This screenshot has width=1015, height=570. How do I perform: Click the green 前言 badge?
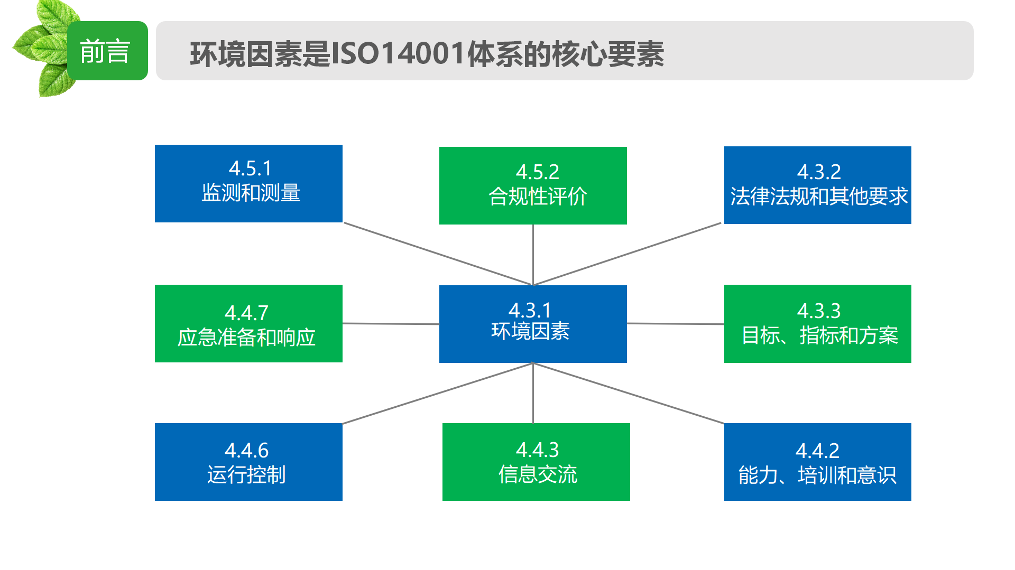pos(107,51)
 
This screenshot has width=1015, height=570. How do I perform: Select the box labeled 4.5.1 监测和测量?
pos(248,183)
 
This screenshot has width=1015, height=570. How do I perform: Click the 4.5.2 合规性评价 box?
pos(533,185)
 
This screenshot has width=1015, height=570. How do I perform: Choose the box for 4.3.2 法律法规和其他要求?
pos(818,185)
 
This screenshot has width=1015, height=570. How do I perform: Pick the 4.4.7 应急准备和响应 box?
pos(248,323)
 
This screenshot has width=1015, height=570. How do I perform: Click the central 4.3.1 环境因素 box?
pos(533,324)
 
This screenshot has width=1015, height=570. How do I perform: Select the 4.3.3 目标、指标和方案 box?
pos(818,324)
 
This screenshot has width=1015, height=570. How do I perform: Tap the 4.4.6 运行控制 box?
pos(248,462)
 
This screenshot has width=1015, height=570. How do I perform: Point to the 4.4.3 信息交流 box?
pos(536,462)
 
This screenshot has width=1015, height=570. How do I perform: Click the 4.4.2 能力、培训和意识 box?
pos(818,462)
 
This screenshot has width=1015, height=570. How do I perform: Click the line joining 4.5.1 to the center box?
pos(437,254)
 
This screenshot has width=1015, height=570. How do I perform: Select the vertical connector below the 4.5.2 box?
pos(533,255)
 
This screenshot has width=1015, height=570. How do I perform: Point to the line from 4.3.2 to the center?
pos(628,254)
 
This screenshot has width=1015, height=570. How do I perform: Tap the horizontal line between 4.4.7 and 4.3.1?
pos(391,323)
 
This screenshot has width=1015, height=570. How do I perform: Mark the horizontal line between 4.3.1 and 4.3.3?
pos(676,323)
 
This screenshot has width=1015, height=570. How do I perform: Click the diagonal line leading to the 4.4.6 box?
pos(438,393)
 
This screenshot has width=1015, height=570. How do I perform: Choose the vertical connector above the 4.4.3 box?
pos(533,393)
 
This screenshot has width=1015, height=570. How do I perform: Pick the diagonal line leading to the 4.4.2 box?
pos(629,393)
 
